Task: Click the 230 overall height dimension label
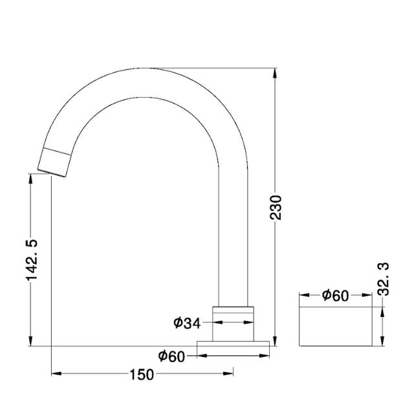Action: (x=276, y=206)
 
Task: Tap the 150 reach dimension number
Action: (x=142, y=374)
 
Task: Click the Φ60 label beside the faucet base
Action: (x=171, y=355)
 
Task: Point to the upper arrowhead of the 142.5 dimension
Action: (x=31, y=177)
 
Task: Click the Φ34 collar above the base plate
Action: (x=234, y=321)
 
